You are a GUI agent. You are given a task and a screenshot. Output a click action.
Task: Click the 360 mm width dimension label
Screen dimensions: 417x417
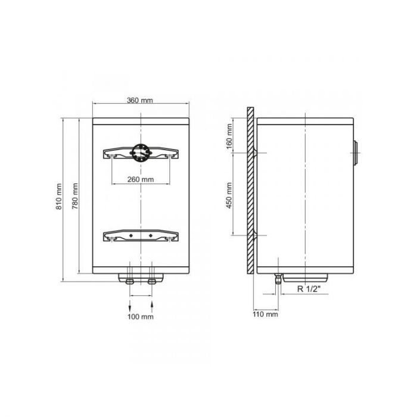pos(141,100)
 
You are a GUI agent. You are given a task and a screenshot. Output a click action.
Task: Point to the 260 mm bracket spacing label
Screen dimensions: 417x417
pos(141,179)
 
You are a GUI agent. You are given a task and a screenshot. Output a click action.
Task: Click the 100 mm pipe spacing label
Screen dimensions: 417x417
pos(141,316)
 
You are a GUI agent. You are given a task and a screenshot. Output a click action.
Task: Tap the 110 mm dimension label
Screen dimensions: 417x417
pos(265,313)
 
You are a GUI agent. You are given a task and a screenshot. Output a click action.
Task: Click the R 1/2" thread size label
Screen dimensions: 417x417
pos(309,290)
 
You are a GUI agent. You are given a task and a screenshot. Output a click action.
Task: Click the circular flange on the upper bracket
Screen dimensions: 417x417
pos(141,154)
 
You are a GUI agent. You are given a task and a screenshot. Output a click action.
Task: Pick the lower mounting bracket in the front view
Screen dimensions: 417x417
pos(141,236)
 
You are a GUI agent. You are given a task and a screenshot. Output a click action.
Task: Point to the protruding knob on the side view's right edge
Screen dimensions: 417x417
pos(356,153)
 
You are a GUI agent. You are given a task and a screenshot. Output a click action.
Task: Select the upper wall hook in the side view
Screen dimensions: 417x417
pos(256,153)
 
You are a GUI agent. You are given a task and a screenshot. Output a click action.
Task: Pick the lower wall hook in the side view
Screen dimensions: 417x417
pos(256,235)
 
